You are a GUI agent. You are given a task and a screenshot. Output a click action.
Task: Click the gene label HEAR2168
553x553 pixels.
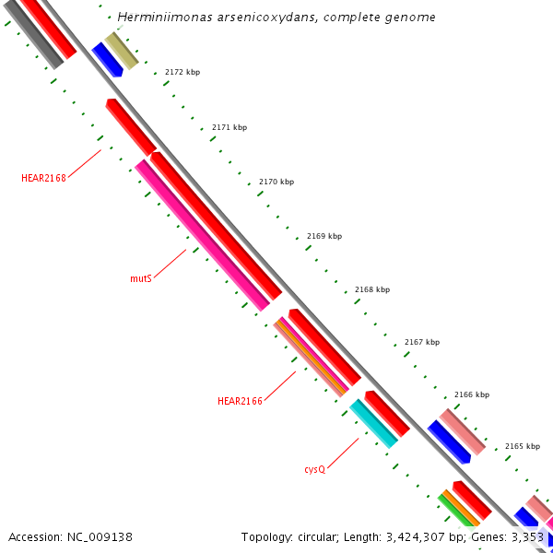coord(44,178)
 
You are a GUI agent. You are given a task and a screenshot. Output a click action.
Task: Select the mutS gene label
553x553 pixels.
coord(141,277)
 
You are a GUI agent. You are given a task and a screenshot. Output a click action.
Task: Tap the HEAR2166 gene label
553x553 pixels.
coord(240,401)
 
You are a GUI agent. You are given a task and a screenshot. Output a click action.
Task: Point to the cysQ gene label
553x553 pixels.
coord(315,469)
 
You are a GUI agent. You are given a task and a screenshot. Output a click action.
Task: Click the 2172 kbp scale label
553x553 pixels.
coord(182,72)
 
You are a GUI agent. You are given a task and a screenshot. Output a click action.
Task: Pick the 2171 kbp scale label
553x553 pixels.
coord(229,127)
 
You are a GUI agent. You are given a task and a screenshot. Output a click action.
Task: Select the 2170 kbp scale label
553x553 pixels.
coord(276,182)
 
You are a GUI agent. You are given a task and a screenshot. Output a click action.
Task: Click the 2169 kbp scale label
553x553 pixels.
coord(324,236)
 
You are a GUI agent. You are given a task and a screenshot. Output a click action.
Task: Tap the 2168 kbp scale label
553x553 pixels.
coord(372,289)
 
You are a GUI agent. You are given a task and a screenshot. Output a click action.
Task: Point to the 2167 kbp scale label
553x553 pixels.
coord(422,342)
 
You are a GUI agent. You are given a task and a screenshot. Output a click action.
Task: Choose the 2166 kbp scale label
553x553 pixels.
coord(472,394)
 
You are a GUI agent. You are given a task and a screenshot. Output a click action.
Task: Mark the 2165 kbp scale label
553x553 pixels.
coord(522,446)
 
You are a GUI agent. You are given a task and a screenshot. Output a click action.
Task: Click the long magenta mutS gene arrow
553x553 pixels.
coord(203,235)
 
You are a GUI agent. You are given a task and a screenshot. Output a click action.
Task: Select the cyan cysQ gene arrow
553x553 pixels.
coord(373,423)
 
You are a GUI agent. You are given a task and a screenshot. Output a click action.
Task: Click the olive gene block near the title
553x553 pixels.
coord(122,50)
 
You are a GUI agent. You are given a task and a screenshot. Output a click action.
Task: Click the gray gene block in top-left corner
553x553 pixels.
coord(32,33)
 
